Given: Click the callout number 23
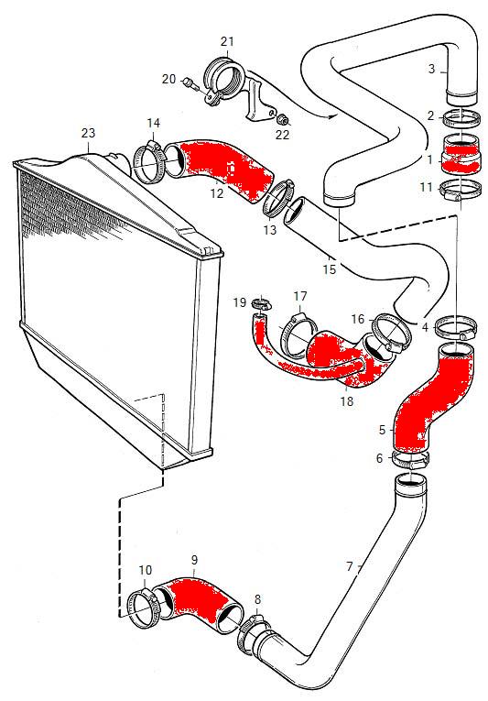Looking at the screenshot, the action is click(x=89, y=133).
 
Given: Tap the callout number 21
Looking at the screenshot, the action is click(x=227, y=41).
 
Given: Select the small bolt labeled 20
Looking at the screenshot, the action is click(x=190, y=83).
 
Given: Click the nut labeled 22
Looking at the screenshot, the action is click(x=282, y=119).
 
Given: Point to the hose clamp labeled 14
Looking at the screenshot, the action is click(x=150, y=162).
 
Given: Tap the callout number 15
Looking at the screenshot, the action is click(x=329, y=269).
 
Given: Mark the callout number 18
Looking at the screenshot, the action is click(x=347, y=400).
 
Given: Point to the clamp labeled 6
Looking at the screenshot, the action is click(x=410, y=461).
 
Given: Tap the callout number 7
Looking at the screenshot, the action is click(x=350, y=566).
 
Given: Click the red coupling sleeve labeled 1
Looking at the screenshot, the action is click(x=461, y=155).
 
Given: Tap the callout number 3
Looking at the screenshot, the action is click(x=431, y=69).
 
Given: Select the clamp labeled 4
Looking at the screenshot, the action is click(x=455, y=328).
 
